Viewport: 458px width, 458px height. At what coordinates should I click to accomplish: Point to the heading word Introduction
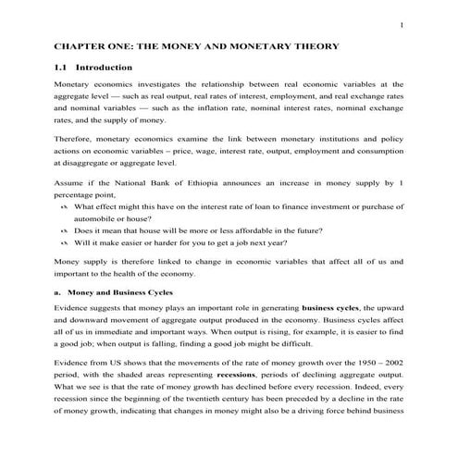[104, 68]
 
